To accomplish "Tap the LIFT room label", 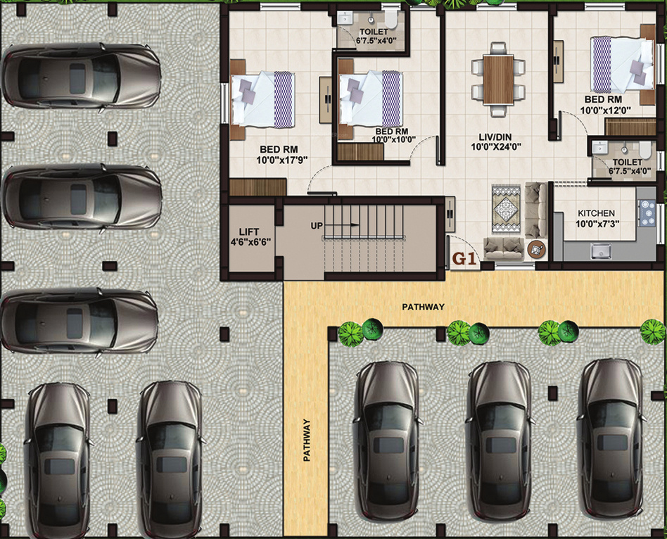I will [x=249, y=232].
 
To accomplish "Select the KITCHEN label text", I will [x=597, y=213].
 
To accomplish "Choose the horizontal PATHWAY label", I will [x=423, y=307].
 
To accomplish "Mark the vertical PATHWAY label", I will [x=306, y=440].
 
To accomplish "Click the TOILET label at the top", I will [x=373, y=32].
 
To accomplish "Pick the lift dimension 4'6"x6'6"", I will [x=250, y=243].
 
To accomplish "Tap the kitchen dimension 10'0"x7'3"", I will [x=597, y=224].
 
